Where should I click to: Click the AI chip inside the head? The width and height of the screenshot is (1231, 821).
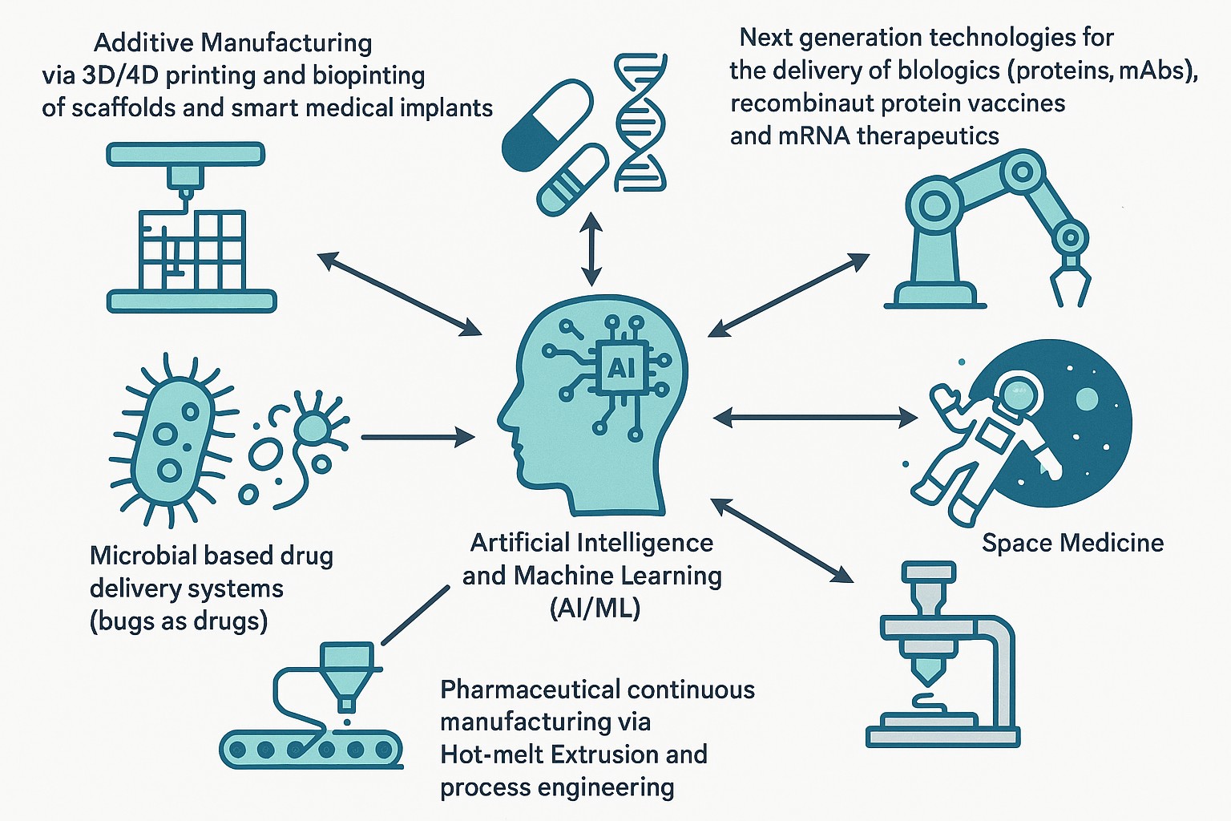[x=621, y=368]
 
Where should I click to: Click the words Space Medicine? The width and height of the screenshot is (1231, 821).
[x=1072, y=543]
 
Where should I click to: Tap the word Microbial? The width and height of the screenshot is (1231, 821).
[x=143, y=556]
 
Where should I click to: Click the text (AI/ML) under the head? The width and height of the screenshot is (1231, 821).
[x=595, y=608]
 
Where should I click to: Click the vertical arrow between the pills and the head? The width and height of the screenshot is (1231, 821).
[x=591, y=249]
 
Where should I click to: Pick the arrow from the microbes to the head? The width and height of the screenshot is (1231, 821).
[x=418, y=437]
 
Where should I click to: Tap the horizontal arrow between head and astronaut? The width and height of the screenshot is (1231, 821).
[x=815, y=417]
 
